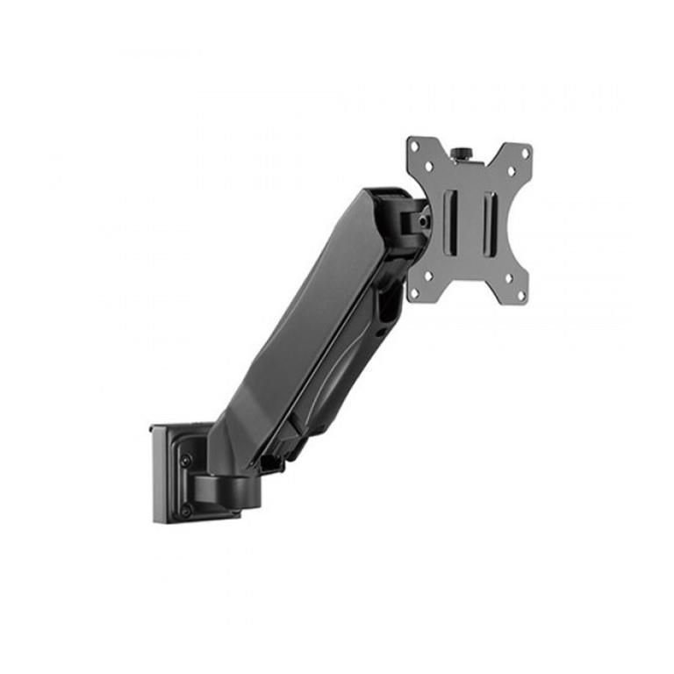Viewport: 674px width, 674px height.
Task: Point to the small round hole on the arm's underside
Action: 378,333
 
